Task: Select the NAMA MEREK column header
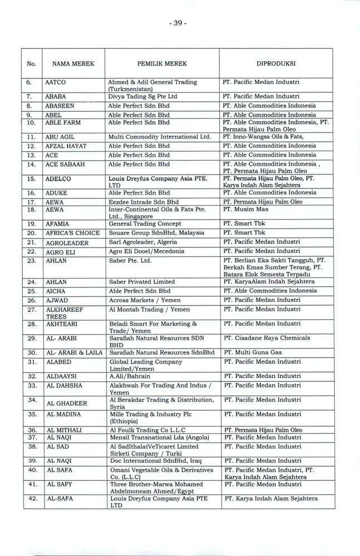[x=70, y=64]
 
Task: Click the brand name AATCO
[x=56, y=82]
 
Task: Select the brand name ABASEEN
[x=60, y=105]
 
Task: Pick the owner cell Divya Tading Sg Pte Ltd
[x=143, y=96]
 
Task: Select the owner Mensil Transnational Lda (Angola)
[x=153, y=438]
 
